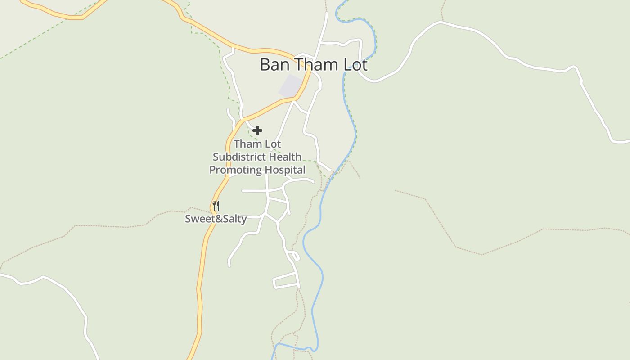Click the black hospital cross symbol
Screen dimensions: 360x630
[257, 130]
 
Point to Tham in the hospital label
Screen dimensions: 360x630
[248, 144]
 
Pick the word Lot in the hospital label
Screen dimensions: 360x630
[273, 144]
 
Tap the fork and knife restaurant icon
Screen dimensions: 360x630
[216, 206]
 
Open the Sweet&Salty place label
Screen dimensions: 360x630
[216, 219]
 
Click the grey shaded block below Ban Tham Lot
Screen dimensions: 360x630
[291, 86]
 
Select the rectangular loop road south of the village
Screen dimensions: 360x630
[286, 281]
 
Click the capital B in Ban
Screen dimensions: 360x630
[264, 65]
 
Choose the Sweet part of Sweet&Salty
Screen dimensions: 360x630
[198, 219]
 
